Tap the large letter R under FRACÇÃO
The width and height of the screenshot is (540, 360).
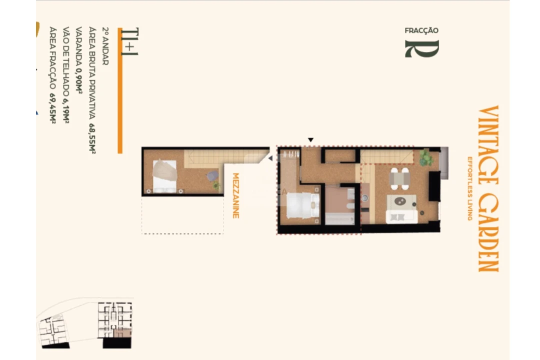coord(421,49)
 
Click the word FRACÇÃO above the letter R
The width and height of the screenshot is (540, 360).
coord(421,30)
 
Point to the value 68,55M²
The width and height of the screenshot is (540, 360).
coord(92,138)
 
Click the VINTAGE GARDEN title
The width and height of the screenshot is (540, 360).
coord(488,188)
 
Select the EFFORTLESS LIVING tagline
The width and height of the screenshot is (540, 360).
coord(470,188)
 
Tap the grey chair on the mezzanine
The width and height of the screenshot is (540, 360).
coord(212,175)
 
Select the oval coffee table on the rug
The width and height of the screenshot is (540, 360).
coord(400,201)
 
